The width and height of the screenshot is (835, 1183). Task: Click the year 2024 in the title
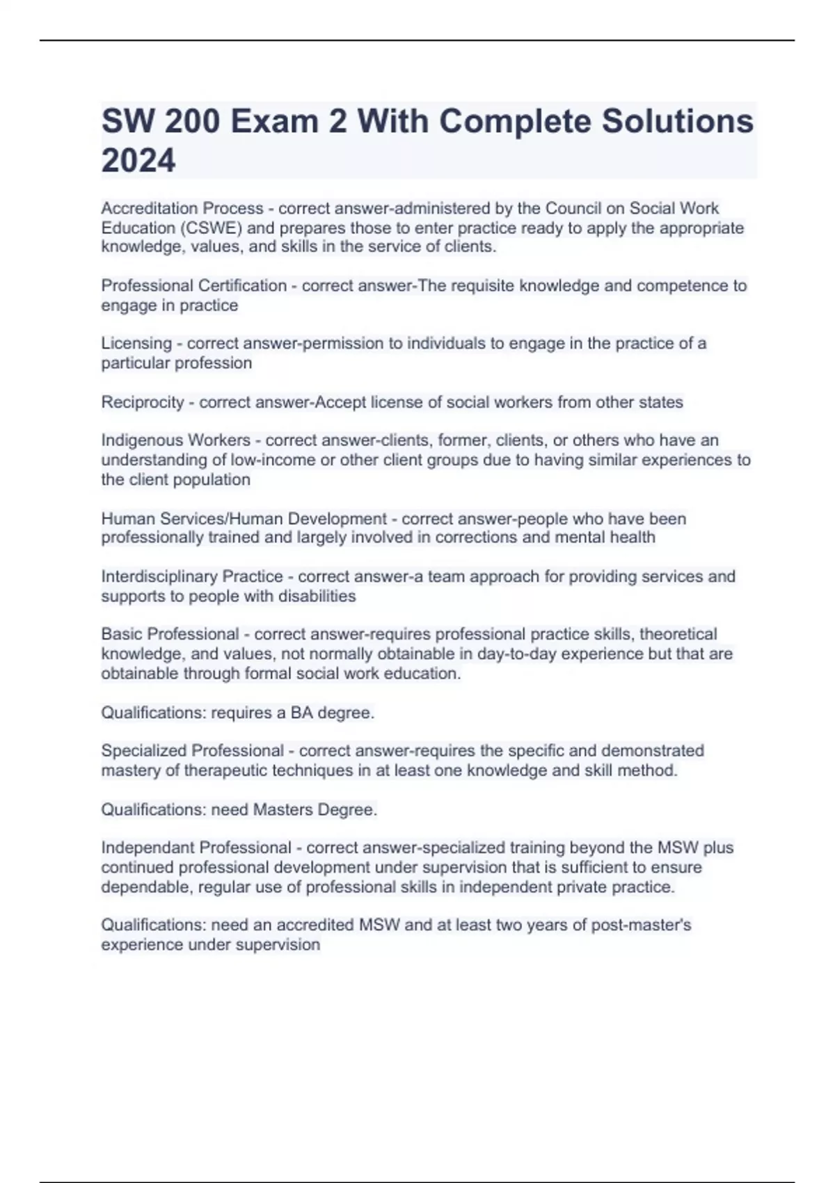click(x=138, y=161)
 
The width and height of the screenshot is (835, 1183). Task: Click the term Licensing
click(x=136, y=343)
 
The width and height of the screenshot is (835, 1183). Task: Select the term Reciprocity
click(x=143, y=402)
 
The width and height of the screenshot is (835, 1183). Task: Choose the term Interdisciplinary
click(x=157, y=576)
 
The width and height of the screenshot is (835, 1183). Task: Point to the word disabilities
click(x=317, y=596)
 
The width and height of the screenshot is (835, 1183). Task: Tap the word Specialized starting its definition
click(x=144, y=751)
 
